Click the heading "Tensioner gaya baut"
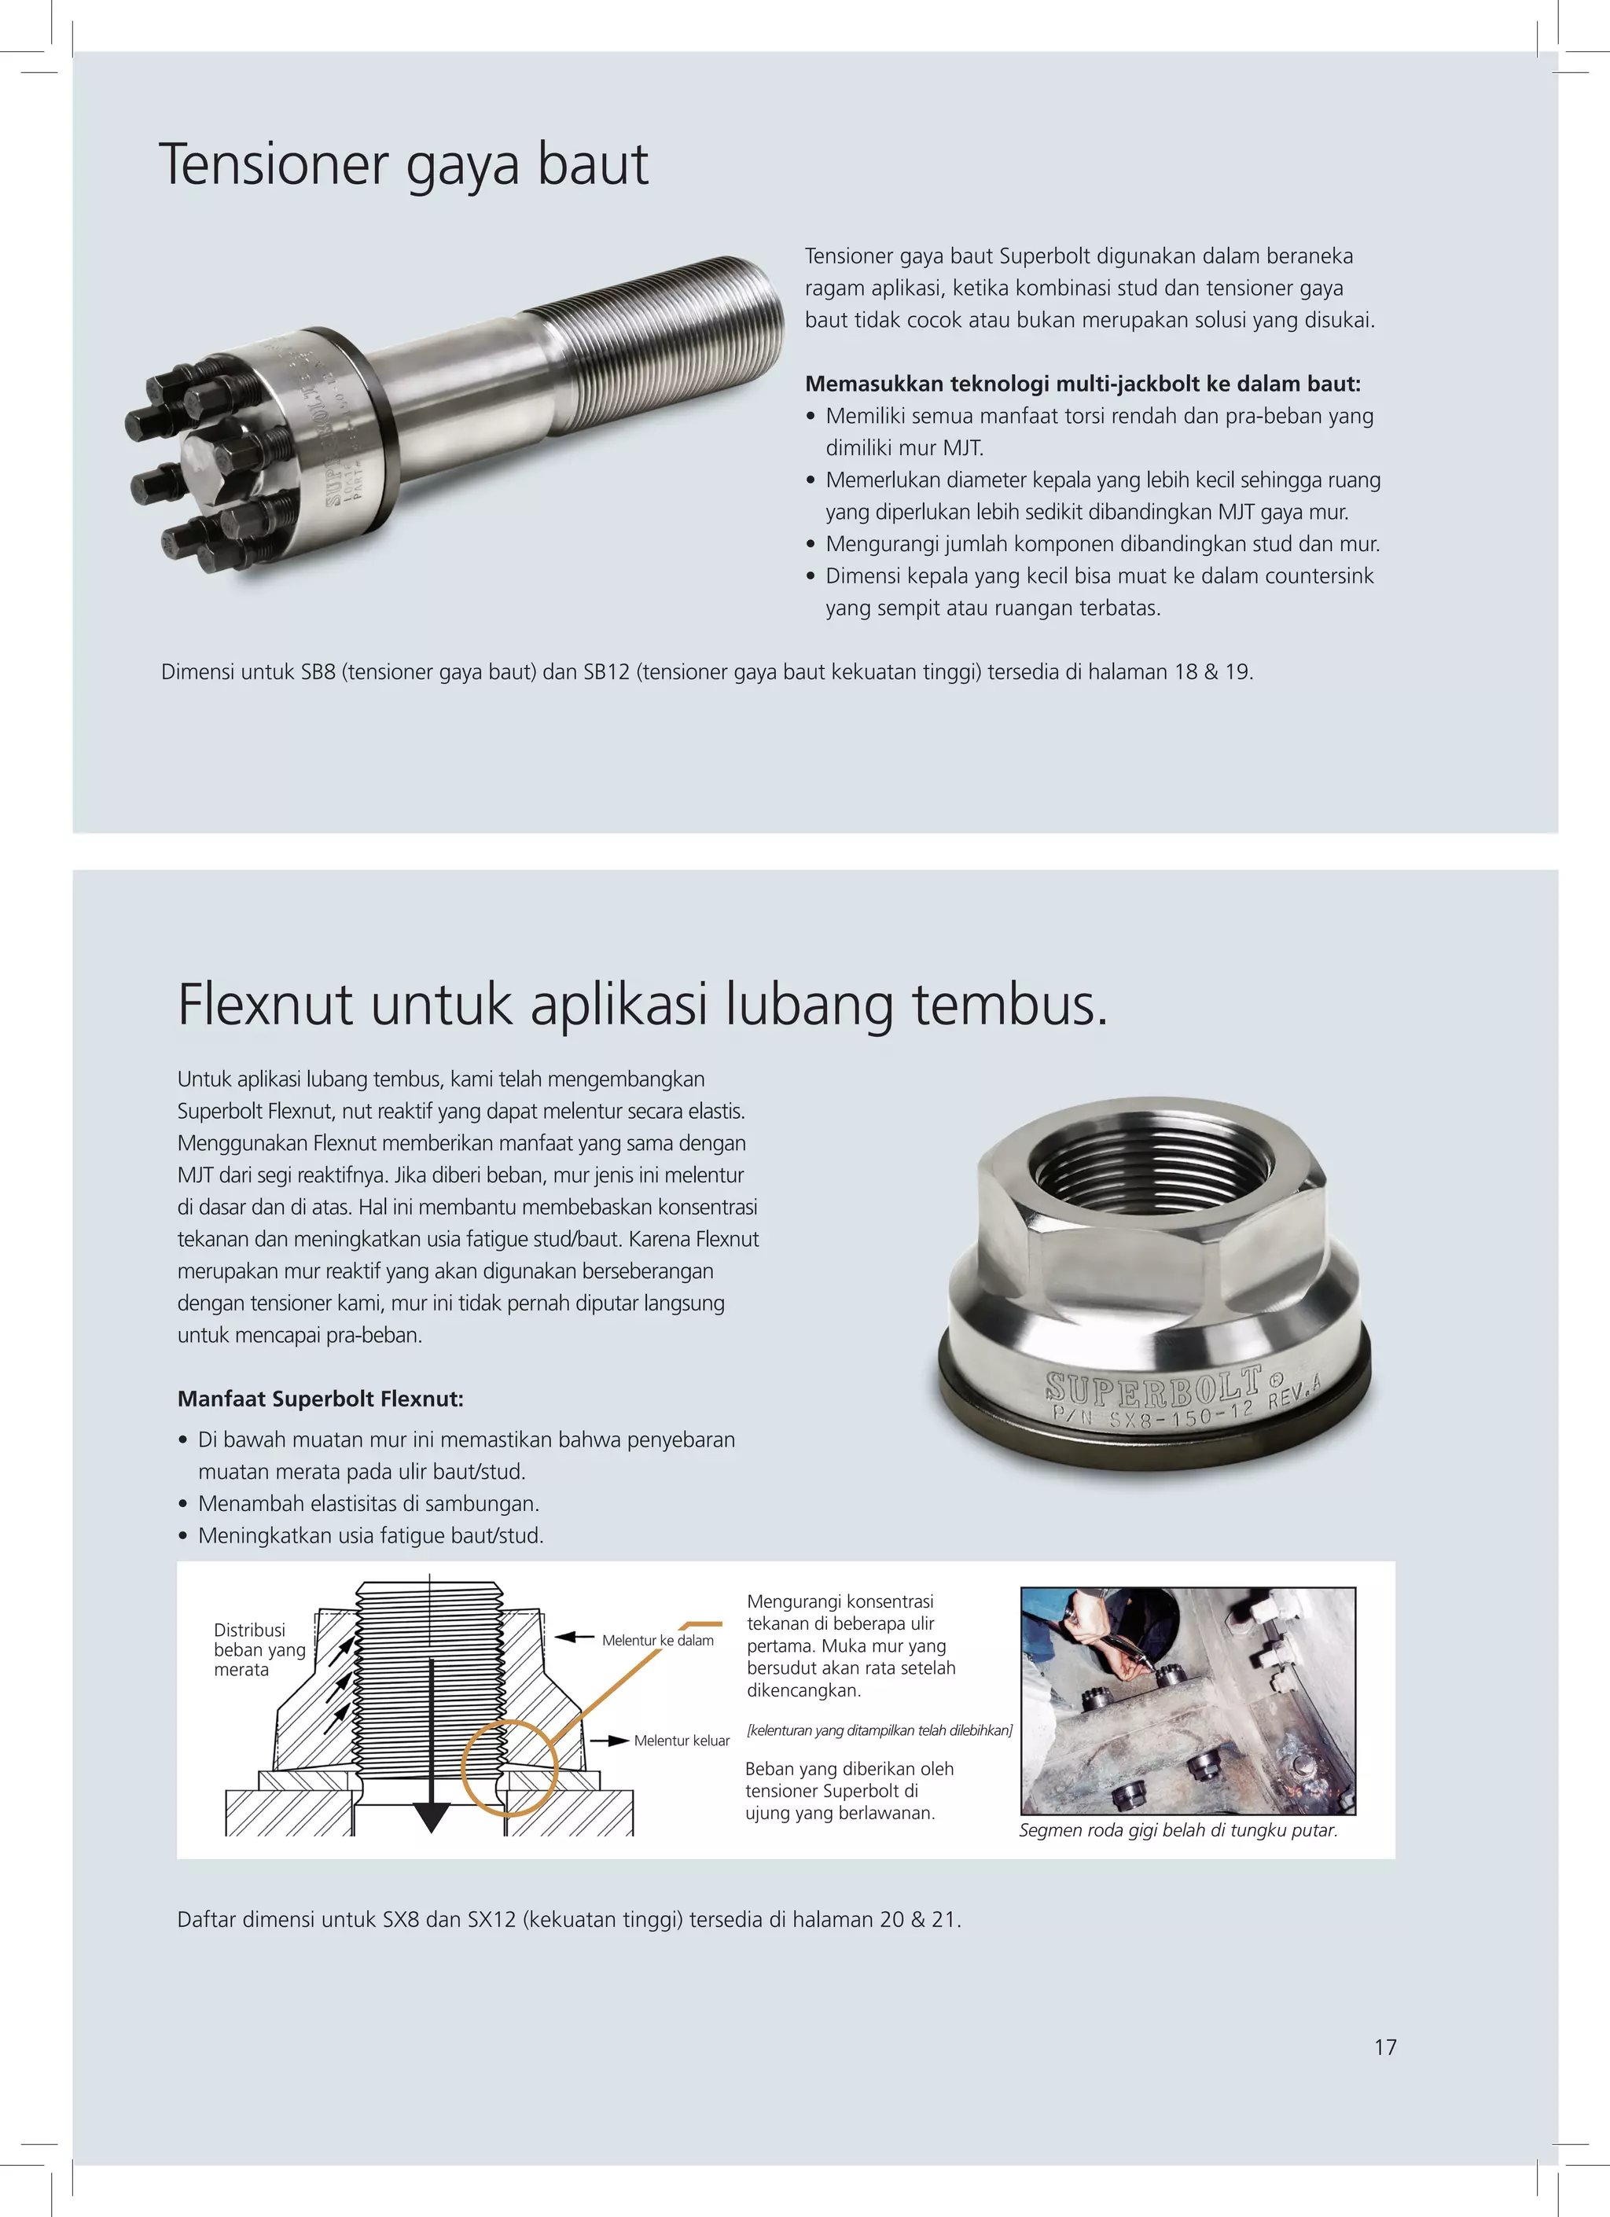(x=402, y=165)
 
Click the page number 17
(x=1385, y=2048)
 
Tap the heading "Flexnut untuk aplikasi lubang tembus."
(x=643, y=1005)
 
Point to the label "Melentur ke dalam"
(x=658, y=1640)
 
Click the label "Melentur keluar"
(x=682, y=1740)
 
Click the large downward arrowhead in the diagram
(x=430, y=1817)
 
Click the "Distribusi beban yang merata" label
(x=260, y=1649)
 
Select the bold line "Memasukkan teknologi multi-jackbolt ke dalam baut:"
(x=1083, y=384)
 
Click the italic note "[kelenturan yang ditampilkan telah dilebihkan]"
(x=880, y=1730)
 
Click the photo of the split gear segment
(x=1188, y=1700)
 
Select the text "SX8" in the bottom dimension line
(x=401, y=1919)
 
